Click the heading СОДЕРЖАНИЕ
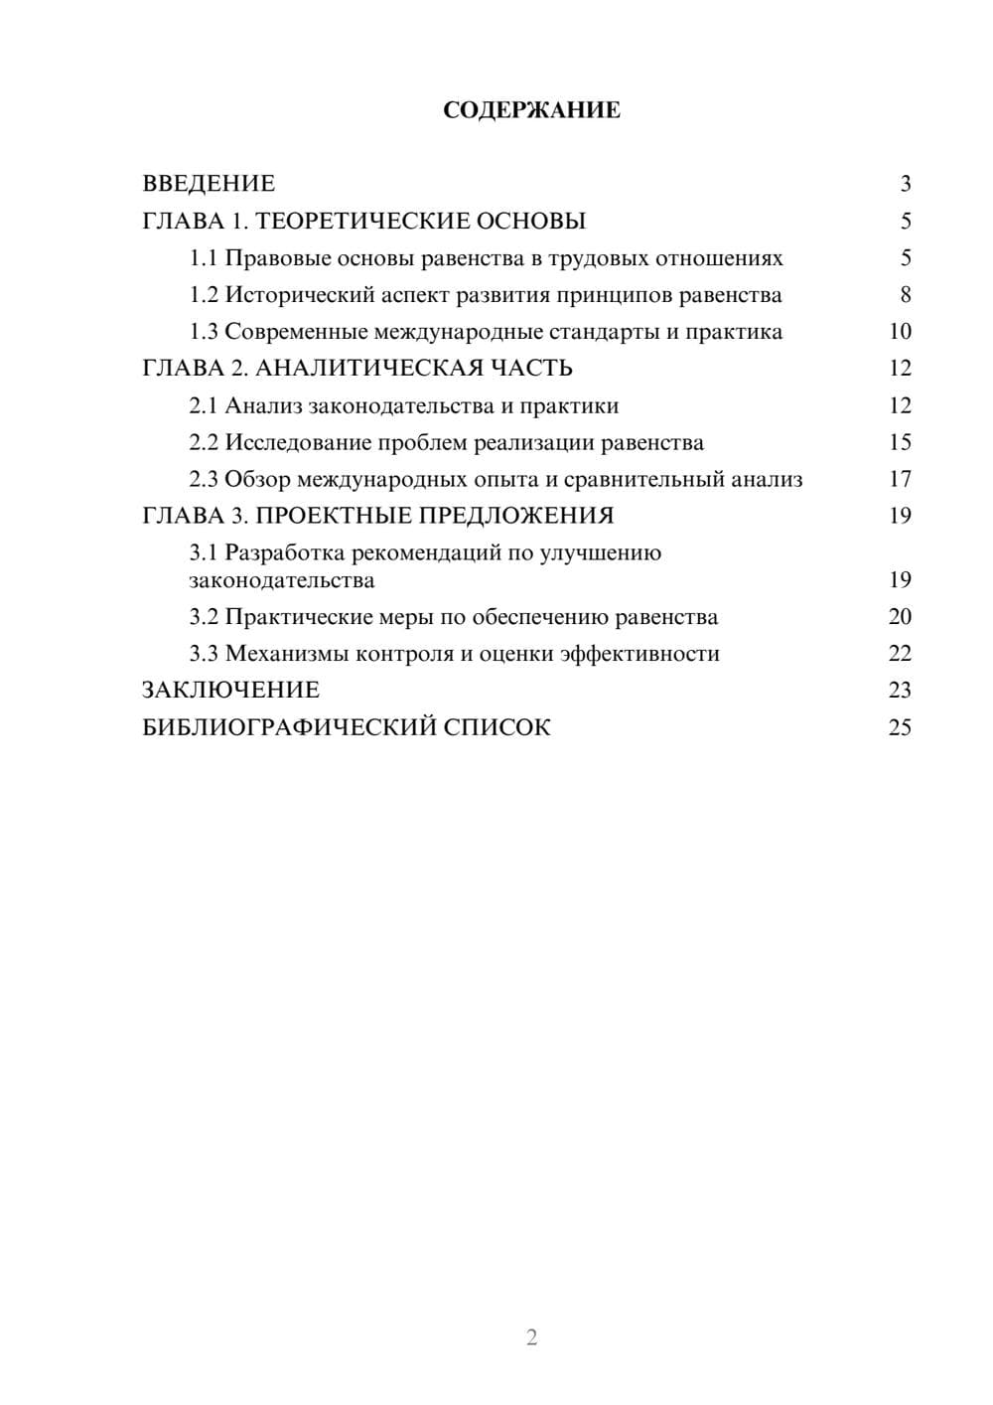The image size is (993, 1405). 531,110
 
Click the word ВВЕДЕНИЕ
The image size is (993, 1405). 209,184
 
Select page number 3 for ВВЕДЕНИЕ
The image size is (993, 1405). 905,184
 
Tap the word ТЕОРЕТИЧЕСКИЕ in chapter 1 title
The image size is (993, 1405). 355,221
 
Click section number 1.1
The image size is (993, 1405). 204,258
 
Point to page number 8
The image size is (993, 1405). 905,295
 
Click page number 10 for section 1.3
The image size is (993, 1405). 900,332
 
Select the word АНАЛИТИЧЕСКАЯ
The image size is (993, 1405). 366,369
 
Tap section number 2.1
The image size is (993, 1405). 204,406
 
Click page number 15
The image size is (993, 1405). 900,442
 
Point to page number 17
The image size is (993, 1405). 900,479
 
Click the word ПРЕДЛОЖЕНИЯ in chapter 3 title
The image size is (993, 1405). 516,516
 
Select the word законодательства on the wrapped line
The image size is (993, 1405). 282,580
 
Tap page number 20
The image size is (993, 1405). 900,617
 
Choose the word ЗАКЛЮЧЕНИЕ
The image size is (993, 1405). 230,691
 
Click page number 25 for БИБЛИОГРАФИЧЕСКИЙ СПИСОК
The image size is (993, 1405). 900,727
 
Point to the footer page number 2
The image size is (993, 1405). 531,1337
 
